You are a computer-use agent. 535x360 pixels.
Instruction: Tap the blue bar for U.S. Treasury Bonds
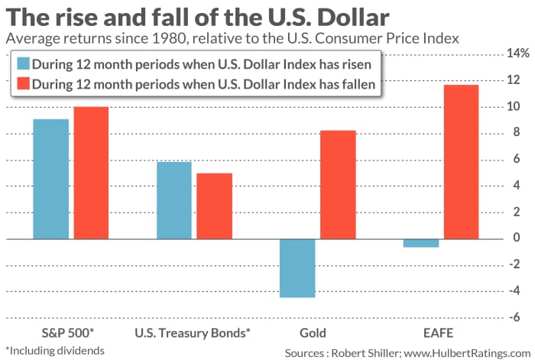pos(173,200)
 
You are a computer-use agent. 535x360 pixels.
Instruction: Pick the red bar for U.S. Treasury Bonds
pos(214,206)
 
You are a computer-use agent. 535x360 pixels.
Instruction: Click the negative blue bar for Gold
pos(297,268)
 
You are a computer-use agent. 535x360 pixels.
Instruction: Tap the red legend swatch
pos(22,86)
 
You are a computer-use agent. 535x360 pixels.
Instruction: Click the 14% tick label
pos(516,53)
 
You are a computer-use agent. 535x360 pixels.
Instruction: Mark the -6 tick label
pos(518,318)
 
